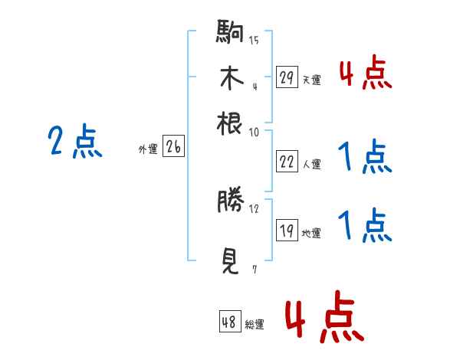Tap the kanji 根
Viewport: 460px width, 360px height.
(230, 123)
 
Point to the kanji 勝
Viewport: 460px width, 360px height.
(230, 201)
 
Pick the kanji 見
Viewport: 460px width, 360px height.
(230, 262)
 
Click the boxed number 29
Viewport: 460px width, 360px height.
(287, 77)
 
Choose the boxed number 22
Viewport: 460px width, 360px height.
(287, 162)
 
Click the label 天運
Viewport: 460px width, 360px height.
(311, 80)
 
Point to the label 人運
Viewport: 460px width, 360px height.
(311, 164)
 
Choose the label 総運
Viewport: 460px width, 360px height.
(255, 325)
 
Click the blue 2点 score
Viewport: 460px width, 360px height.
(75, 142)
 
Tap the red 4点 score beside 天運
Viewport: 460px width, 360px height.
(365, 74)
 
